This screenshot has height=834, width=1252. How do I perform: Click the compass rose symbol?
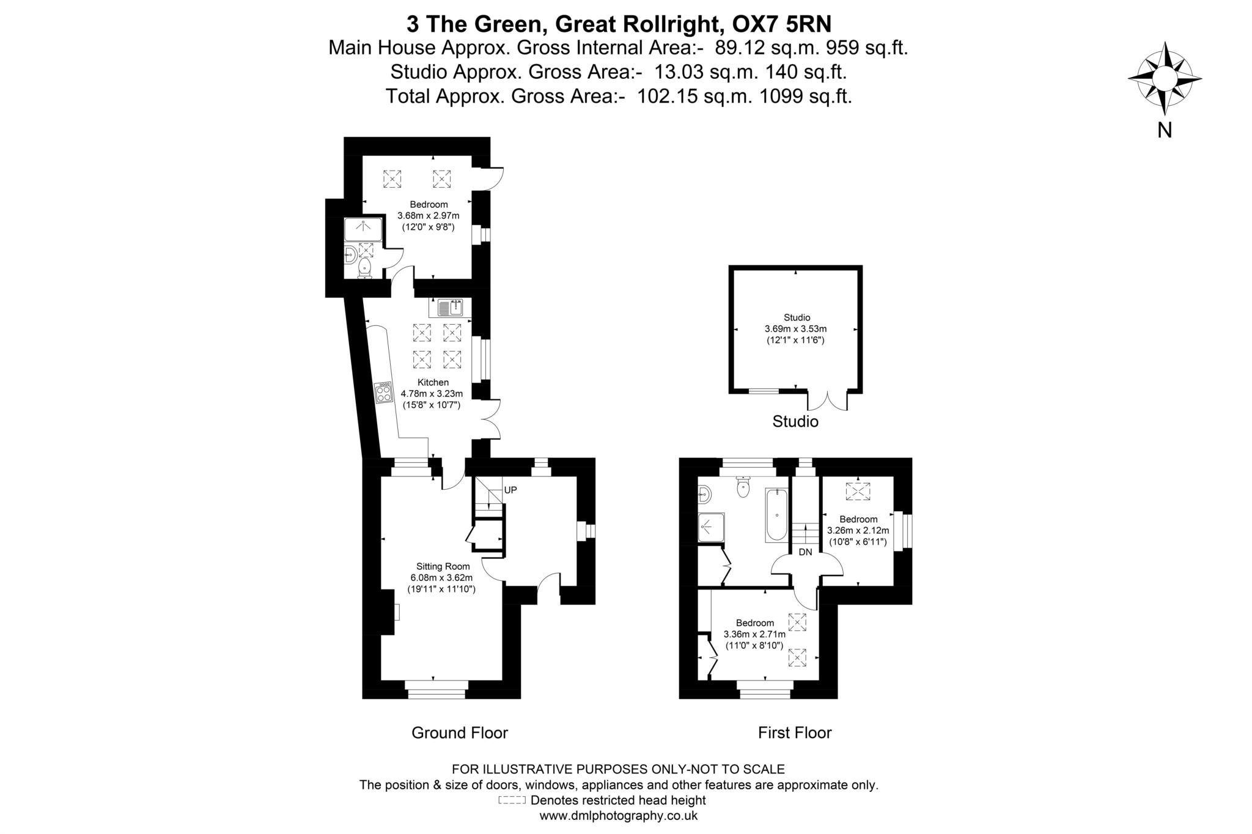tap(1165, 78)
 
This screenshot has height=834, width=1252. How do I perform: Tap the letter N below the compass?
tap(1165, 130)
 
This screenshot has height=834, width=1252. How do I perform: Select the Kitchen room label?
tap(433, 382)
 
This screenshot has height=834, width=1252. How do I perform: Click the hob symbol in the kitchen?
tap(384, 392)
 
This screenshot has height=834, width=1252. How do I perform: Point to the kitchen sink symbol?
tap(451, 308)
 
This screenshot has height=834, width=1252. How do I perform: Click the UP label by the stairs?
tap(510, 490)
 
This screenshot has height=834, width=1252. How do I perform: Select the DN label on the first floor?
tap(805, 552)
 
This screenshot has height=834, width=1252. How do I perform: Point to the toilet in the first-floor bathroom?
tap(743, 487)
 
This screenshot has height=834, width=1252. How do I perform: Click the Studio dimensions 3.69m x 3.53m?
tap(795, 329)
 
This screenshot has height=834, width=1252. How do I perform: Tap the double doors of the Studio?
tap(828, 400)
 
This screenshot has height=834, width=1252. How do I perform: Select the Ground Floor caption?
tap(459, 733)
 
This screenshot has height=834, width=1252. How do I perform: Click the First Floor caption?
tap(795, 733)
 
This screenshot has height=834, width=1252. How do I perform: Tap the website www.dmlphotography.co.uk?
tap(618, 816)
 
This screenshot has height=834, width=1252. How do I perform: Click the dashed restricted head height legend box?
tap(512, 800)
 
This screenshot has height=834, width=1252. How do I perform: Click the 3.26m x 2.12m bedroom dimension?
tap(858, 531)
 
